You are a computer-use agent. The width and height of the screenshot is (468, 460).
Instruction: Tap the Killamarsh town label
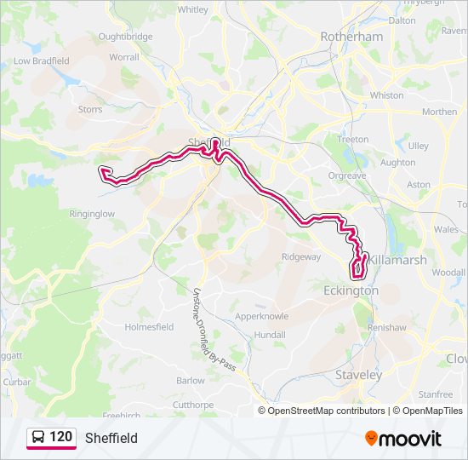click(392, 260)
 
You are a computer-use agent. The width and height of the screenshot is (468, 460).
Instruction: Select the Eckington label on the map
click(351, 290)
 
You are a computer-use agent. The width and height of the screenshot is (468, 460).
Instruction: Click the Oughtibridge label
click(125, 37)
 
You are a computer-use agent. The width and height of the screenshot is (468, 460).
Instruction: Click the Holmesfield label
click(149, 326)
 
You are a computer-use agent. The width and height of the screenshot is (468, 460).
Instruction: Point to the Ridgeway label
click(301, 256)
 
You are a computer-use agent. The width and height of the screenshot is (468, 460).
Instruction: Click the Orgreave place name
click(346, 175)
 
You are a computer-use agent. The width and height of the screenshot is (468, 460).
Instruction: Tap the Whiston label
click(387, 95)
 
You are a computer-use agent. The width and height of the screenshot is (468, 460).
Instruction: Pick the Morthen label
click(439, 112)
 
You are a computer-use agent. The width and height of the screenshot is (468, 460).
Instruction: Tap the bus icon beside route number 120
click(37, 437)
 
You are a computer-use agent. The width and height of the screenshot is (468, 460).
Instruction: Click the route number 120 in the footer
click(60, 437)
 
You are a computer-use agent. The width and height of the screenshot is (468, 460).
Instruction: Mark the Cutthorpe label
click(191, 404)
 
